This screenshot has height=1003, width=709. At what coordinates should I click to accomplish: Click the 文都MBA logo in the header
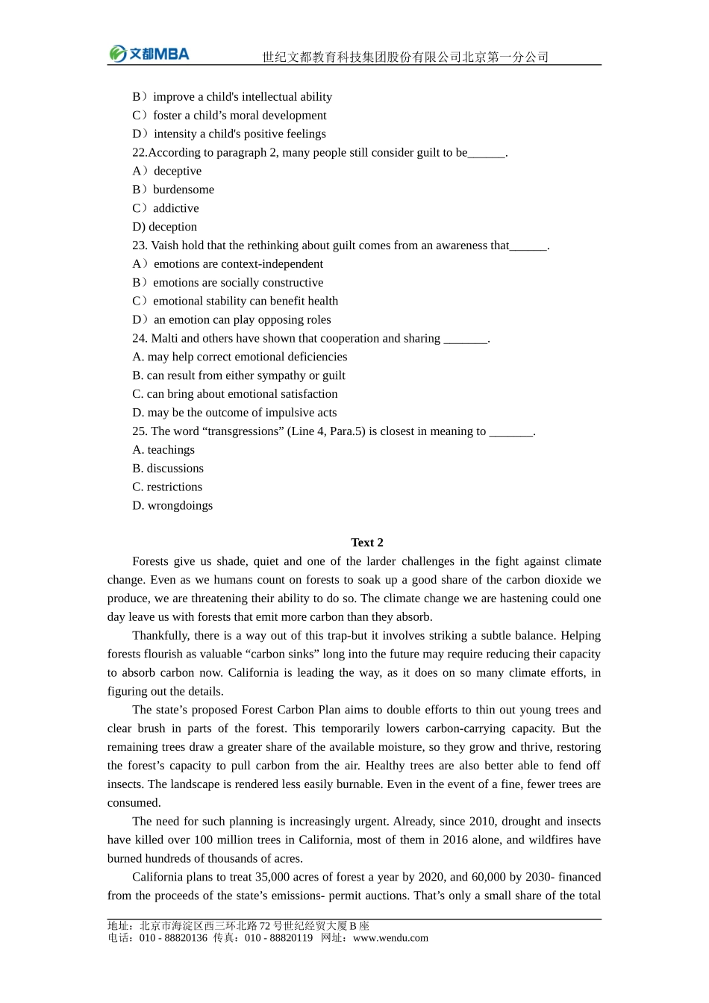pos(149,54)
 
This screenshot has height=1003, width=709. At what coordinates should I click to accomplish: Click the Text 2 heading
pos(367,543)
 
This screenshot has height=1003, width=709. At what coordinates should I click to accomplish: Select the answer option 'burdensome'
pos(184,190)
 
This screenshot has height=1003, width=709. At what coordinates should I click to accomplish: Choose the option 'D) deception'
pos(165,227)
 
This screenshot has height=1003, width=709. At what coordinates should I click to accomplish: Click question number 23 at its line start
pos(140,246)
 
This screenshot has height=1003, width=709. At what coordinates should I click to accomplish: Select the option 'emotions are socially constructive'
pos(238,282)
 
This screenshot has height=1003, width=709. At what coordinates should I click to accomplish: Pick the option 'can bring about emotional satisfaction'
pos(242,394)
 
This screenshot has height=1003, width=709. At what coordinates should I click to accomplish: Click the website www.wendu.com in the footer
pos(390,938)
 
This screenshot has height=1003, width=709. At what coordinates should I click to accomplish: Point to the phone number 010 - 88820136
pos(173,938)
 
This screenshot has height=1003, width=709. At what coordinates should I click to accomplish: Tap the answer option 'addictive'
pos(176,208)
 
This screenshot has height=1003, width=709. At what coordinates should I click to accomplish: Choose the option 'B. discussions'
pos(168,469)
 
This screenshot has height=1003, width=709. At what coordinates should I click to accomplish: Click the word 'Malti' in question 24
pos(164,338)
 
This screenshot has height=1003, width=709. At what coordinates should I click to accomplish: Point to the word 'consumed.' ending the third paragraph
pos(134,803)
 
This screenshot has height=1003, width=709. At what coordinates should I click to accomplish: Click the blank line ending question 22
pos(487,153)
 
